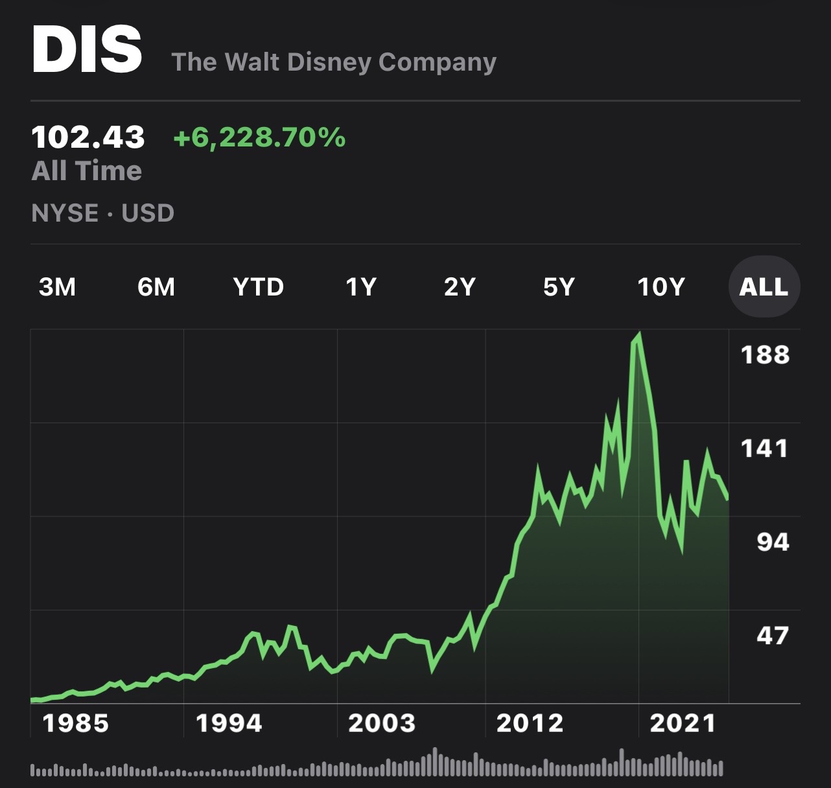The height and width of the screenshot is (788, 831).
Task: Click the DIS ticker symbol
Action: (x=87, y=51)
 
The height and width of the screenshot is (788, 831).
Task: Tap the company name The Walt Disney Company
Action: (x=334, y=62)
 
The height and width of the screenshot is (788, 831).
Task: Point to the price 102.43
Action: (x=88, y=137)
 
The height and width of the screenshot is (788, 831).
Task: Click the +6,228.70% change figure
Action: (x=259, y=137)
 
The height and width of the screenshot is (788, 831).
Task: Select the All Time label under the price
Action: (x=87, y=171)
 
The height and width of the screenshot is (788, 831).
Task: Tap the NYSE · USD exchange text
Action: (x=103, y=213)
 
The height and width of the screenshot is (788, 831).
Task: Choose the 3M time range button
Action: (x=58, y=286)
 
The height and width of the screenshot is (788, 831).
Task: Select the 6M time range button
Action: (x=156, y=286)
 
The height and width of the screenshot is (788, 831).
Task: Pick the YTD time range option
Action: (x=259, y=286)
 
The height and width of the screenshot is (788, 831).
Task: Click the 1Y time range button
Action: (x=361, y=286)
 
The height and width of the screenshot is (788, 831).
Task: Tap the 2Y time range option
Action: (x=460, y=286)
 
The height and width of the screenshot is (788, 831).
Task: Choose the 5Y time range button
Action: (x=559, y=286)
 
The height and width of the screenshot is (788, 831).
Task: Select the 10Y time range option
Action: (x=661, y=286)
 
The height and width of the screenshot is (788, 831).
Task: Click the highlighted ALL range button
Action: (x=764, y=286)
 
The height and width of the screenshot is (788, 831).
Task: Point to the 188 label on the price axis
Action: (x=765, y=355)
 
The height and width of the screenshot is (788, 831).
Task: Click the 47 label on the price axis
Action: (x=773, y=636)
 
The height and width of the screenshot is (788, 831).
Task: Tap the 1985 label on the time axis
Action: (x=76, y=723)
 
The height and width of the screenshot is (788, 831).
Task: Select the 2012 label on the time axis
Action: (x=530, y=723)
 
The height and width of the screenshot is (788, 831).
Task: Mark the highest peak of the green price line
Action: (x=639, y=335)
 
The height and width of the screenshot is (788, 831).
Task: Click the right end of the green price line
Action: (x=728, y=498)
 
